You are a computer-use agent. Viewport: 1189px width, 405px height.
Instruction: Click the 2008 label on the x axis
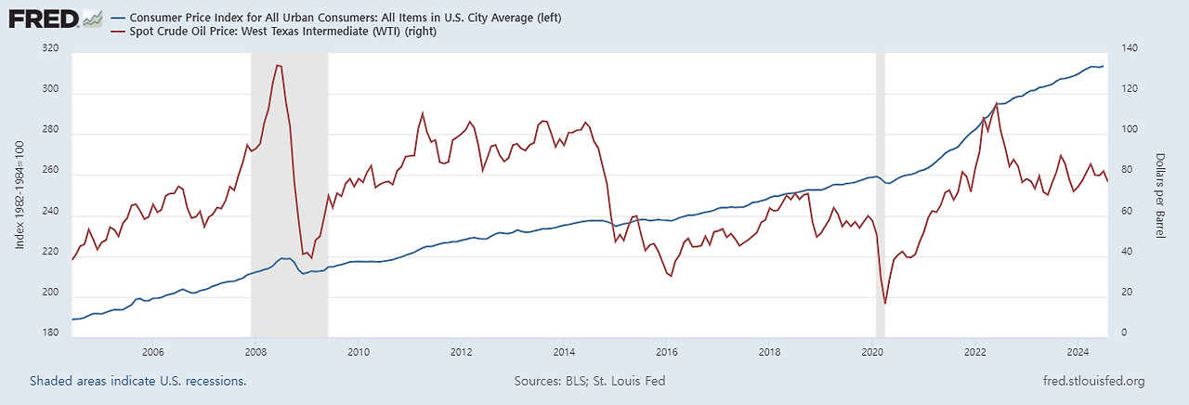tap(256, 352)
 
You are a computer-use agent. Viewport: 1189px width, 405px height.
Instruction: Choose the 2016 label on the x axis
tap(667, 352)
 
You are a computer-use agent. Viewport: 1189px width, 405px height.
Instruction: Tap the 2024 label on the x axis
tap(1078, 352)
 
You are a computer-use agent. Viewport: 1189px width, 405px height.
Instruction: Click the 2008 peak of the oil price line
tap(279, 65)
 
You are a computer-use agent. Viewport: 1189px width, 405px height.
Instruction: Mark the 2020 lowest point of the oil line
tap(885, 303)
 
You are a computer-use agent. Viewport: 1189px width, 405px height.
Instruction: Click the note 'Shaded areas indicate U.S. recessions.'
tap(137, 381)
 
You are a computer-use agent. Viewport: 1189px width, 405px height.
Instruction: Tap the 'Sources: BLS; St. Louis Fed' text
tap(589, 381)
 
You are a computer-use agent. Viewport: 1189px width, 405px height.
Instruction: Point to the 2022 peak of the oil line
tap(996, 103)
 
